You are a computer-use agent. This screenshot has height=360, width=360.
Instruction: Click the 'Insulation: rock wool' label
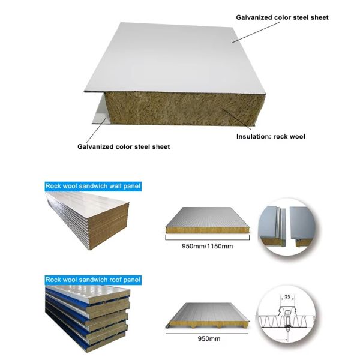(271, 136)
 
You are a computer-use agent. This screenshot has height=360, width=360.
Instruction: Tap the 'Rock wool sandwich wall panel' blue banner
(93, 186)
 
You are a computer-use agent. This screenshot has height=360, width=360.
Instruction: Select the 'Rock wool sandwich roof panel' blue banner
(93, 280)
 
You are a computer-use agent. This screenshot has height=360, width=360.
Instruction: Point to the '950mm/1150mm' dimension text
(208, 247)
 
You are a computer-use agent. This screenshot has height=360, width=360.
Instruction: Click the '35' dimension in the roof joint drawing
(287, 296)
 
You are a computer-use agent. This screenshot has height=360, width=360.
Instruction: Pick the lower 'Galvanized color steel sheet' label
(124, 146)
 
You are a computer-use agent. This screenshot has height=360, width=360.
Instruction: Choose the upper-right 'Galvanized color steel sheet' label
(282, 17)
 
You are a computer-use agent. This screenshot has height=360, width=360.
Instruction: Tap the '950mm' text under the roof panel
(209, 338)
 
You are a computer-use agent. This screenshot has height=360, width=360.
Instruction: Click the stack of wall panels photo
(87, 221)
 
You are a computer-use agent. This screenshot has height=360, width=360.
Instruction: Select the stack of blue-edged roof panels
(88, 319)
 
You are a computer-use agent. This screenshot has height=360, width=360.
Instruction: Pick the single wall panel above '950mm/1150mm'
(208, 220)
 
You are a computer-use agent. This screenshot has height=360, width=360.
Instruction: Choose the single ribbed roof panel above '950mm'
(208, 316)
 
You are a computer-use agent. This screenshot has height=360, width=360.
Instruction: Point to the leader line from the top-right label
(256, 32)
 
